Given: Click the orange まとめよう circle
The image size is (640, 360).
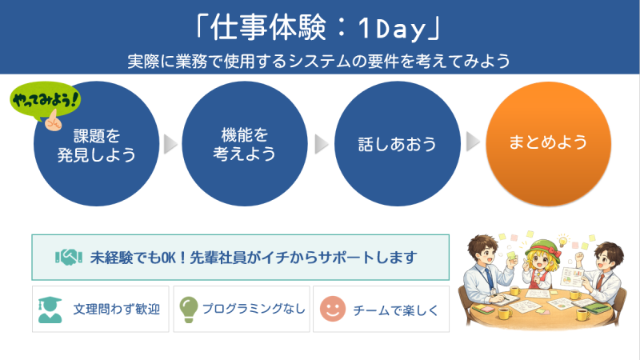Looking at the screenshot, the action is click(548, 144).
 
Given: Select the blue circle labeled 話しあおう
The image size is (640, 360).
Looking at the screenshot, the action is click(397, 144).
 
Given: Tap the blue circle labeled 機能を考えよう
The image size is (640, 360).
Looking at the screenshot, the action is click(245, 144).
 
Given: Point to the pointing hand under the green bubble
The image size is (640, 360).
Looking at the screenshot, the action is click(54, 121).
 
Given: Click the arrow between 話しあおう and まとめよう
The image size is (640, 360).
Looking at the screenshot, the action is click(473, 142).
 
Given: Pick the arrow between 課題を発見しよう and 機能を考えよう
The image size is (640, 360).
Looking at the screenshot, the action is click(170, 144).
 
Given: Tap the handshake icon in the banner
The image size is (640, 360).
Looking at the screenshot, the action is click(69, 257).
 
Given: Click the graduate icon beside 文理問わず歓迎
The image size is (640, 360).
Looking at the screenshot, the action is click(50, 310).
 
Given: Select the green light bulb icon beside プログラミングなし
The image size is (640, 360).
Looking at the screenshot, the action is click(189, 310).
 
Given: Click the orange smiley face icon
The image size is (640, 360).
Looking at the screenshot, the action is click(333, 309).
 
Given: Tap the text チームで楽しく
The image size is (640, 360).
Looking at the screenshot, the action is click(395, 310).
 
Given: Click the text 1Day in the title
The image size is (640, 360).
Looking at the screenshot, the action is click(392, 30).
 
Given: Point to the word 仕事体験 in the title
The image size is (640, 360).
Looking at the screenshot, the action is click(268, 28).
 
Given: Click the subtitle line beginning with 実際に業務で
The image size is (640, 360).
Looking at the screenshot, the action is click(318, 62).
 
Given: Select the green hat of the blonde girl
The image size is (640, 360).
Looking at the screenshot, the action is click(542, 247).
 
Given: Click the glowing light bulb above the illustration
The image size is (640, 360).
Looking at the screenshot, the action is click(564, 241).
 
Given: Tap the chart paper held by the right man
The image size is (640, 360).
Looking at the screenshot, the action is click(571, 277).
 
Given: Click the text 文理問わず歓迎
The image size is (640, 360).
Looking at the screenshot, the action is click(117, 310).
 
